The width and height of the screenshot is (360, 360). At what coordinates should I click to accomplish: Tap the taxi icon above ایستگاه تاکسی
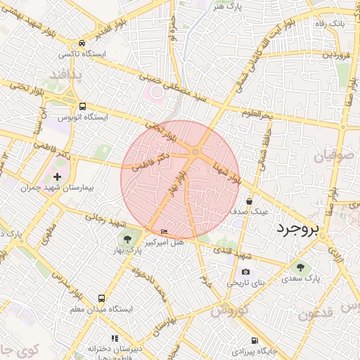82,44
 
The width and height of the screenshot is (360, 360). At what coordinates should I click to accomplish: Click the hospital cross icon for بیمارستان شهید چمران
57,176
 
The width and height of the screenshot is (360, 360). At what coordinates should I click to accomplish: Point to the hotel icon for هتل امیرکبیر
165,232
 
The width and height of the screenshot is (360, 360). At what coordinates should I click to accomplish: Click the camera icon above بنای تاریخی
245,271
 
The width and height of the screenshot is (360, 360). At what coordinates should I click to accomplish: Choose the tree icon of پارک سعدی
302,267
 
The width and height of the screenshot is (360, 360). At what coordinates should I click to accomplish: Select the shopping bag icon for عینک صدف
249,201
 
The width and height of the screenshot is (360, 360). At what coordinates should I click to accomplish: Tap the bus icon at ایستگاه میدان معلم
102,298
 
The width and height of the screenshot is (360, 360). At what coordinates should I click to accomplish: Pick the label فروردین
337,54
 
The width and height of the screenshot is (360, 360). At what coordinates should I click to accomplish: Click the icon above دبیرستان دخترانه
115,339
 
